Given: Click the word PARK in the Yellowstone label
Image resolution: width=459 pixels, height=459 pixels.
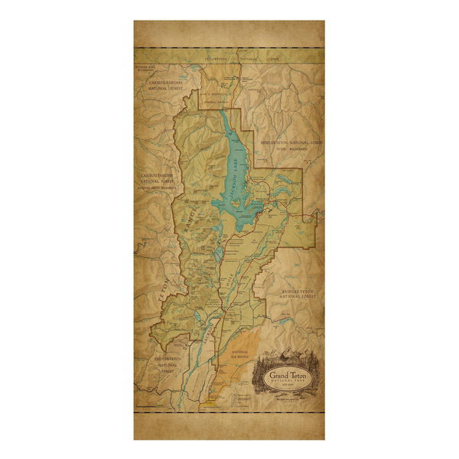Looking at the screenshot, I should click(x=272, y=57).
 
